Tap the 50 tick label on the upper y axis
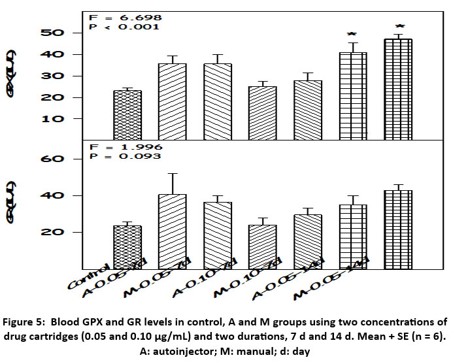click(x=54, y=33)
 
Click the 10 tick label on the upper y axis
click(x=54, y=119)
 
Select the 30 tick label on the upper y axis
click(x=54, y=76)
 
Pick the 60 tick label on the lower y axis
click(x=54, y=159)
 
